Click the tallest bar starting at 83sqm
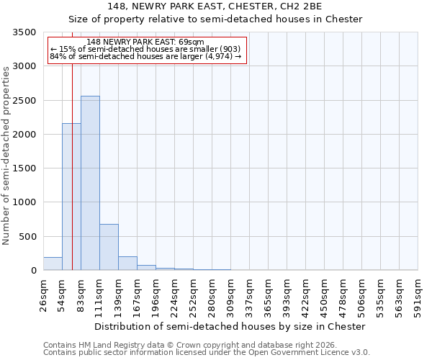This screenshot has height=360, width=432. pos(90,183)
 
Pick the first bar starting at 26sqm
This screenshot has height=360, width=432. pos(53,264)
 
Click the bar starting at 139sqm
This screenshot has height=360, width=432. pos(127,264)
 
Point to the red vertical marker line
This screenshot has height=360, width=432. pos(73,158)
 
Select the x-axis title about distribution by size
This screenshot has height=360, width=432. pos(230,326)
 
